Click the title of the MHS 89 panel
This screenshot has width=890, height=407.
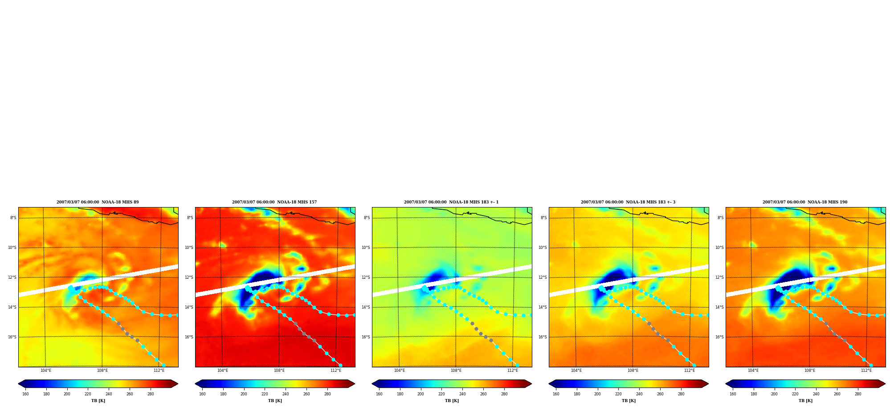pos(98,202)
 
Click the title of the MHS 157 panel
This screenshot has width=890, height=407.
pos(274,202)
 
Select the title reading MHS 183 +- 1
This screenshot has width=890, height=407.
pos(451,202)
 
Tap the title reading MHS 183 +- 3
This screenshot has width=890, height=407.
pos(628,202)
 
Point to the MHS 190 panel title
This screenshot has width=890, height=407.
pos(805,202)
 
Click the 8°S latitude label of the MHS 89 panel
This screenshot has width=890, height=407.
pos(13,218)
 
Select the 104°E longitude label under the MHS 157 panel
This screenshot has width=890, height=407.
pos(223,370)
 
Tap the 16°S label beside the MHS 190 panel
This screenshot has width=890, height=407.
pos(720,337)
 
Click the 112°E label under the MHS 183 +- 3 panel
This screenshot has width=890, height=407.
pos(690,370)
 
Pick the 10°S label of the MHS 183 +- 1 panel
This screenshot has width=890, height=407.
pos(366,248)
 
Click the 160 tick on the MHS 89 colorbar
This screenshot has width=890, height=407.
pos(25,394)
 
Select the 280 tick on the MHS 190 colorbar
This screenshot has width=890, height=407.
pos(858,394)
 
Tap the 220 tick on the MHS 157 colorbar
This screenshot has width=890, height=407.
pos(265,394)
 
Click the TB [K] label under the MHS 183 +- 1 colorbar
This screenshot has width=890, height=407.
pos(452,401)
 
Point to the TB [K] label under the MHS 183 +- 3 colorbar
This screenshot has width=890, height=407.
pos(629,401)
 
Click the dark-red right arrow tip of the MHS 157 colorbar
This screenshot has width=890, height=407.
pos(355,384)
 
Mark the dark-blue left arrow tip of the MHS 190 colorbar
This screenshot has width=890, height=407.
pos(726,384)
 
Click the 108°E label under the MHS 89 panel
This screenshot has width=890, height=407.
pos(102,370)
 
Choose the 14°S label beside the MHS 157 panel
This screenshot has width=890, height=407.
pos(189,307)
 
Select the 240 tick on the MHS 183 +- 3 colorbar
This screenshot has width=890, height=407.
pos(639,394)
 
